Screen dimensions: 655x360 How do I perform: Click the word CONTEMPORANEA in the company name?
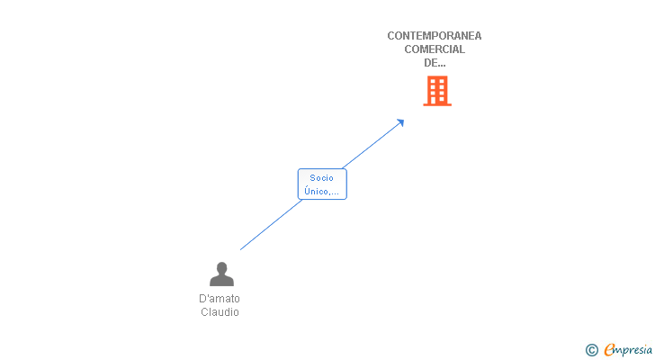[x=434, y=36]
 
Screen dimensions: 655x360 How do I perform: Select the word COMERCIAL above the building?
[x=435, y=49]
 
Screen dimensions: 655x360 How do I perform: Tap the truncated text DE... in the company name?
[x=435, y=63]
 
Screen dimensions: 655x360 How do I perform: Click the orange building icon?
[x=437, y=91]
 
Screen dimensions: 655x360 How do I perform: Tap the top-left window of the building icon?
[x=433, y=81]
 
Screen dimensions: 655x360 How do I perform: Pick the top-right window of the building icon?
[x=442, y=81]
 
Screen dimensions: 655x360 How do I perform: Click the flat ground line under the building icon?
[x=437, y=104]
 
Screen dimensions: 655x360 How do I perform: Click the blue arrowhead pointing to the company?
[x=400, y=122]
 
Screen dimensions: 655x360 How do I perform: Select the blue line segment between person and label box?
[x=271, y=225]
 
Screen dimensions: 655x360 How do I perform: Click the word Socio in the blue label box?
[x=322, y=178]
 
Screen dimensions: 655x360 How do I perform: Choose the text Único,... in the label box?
[x=322, y=191]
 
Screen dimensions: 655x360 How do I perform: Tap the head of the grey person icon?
[x=222, y=268]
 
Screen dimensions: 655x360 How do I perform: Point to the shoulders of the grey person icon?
[x=222, y=281]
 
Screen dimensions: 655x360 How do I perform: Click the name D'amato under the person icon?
[x=220, y=299]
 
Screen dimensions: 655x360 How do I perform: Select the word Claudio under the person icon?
[x=220, y=312]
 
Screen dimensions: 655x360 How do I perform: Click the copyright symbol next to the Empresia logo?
[x=592, y=350]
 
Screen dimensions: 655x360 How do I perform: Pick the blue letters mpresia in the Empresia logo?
[x=633, y=351]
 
